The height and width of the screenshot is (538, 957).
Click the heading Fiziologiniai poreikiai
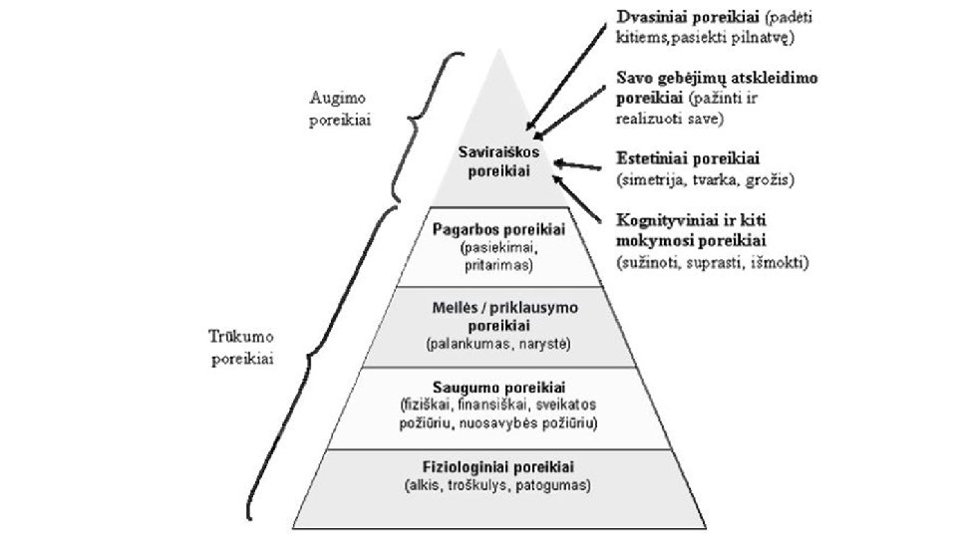click(495, 467)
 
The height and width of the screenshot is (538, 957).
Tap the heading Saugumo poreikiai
click(495, 387)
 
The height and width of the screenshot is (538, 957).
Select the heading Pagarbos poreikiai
click(498, 229)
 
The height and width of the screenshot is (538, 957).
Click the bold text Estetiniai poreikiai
click(689, 159)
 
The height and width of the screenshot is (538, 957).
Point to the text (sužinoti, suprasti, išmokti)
click(712, 264)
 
